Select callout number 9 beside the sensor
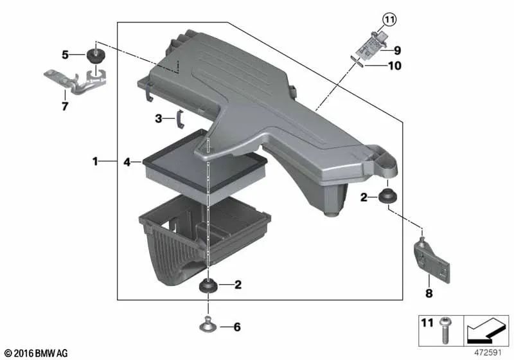point(398,50)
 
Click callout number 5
point(66,55)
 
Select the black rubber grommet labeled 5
point(98,54)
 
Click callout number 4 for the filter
point(128,163)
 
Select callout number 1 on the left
point(95,162)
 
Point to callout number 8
point(429,294)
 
